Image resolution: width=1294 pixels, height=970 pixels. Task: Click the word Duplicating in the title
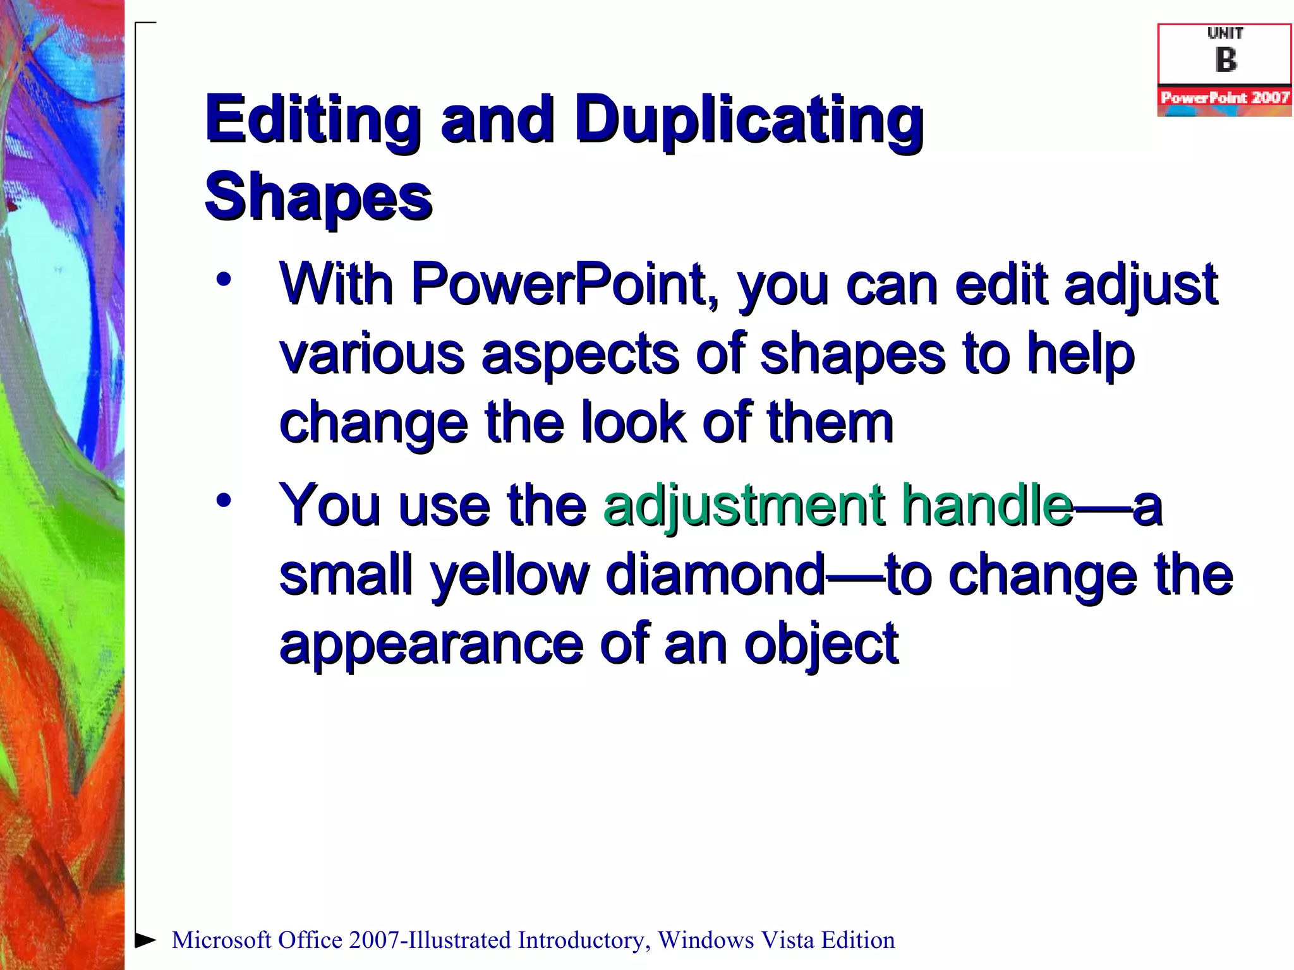coord(749,120)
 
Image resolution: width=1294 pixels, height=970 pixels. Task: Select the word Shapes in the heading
coord(318,197)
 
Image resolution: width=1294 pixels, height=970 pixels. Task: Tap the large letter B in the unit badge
coord(1225,61)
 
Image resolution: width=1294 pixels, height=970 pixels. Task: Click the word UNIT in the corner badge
coord(1224,33)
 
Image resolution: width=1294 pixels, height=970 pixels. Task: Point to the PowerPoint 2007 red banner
coord(1224,98)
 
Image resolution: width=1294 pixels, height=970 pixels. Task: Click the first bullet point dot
coord(223,279)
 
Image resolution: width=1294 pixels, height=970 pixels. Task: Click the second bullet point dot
coord(223,501)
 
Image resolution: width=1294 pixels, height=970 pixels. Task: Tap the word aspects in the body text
coord(580,354)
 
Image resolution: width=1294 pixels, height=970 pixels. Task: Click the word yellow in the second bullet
coord(509,575)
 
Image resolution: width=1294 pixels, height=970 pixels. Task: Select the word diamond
coord(715,575)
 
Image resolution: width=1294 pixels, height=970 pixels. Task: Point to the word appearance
coord(431,644)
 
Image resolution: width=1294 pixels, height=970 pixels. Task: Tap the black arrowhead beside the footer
coord(145,940)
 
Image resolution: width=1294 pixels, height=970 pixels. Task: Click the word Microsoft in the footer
coord(221,940)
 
